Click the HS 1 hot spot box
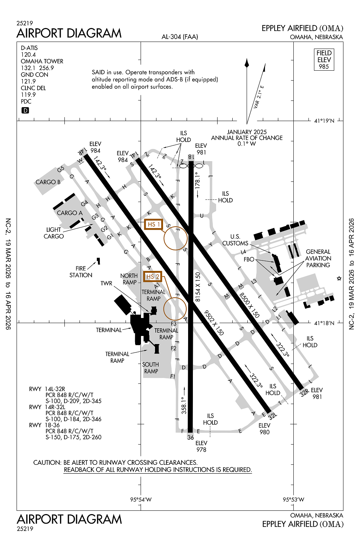[153, 224]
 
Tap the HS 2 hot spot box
[153, 276]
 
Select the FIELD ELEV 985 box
[324, 60]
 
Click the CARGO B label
[48, 182]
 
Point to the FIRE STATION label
[81, 272]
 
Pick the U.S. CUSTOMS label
[235, 240]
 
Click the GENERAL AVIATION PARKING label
[318, 258]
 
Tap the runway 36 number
[190, 438]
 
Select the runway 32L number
[272, 416]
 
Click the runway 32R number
[304, 393]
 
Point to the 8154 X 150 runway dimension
[198, 287]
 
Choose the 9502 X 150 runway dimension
[214, 323]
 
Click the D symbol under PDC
[25, 110]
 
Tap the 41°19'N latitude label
[324, 121]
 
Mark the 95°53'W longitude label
[293, 499]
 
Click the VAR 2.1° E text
[258, 97]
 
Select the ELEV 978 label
[201, 446]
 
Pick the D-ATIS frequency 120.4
[28, 54]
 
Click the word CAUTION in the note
[47, 463]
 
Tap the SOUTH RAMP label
[151, 368]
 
